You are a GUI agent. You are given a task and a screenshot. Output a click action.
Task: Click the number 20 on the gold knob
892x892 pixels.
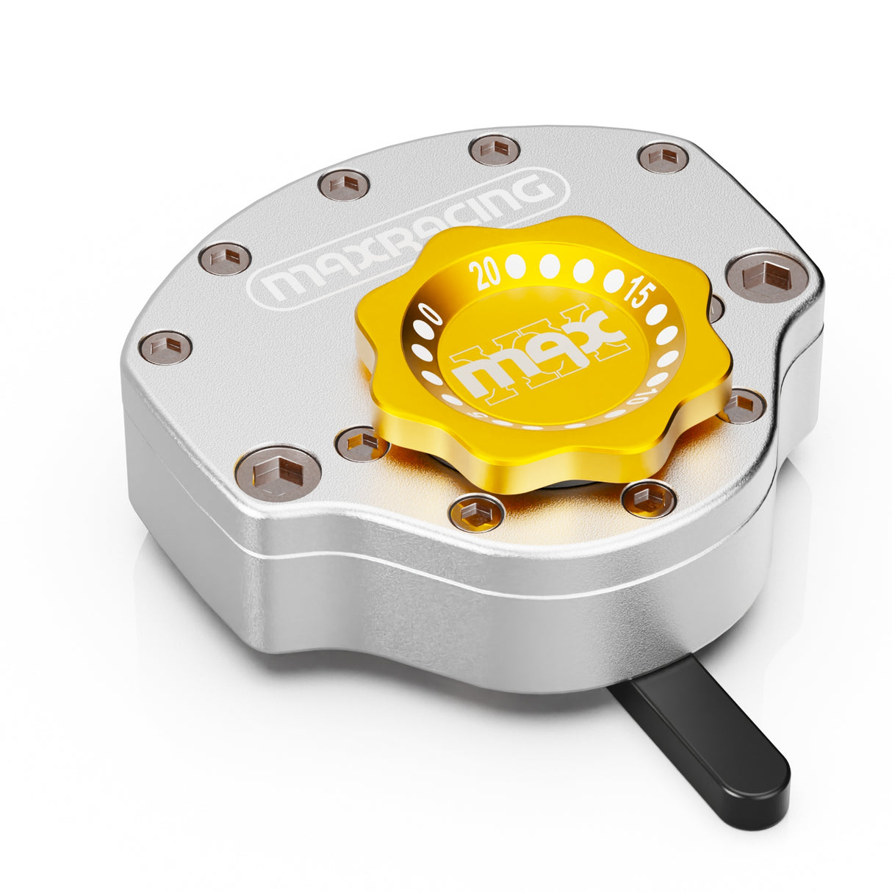(485, 274)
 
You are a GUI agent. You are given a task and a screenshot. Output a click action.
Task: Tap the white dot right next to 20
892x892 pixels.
(515, 267)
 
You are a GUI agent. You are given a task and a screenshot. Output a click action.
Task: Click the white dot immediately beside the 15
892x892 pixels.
(614, 280)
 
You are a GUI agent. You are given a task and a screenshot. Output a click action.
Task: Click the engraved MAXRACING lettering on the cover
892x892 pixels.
(407, 237)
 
